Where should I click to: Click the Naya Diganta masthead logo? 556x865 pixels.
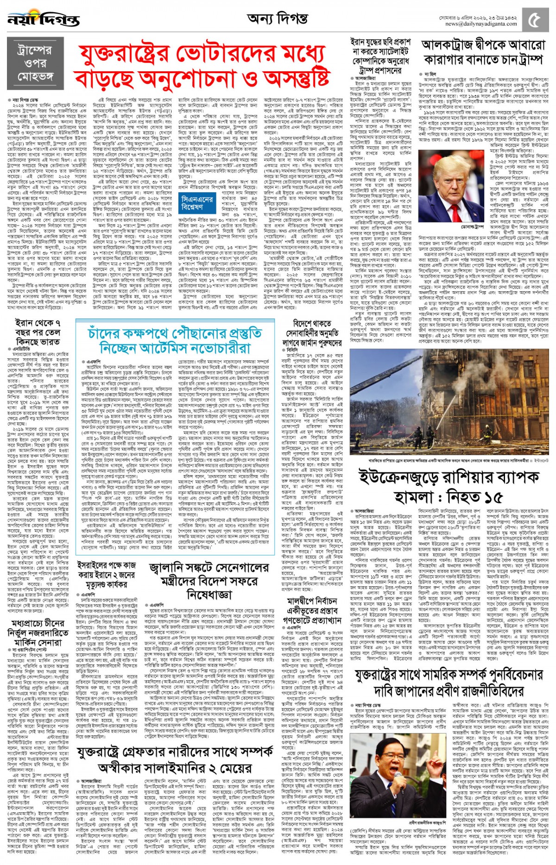click(x=44, y=19)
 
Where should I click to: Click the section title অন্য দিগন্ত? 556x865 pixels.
click(x=277, y=19)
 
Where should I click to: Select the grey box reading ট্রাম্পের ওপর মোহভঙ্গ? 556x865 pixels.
click(x=35, y=63)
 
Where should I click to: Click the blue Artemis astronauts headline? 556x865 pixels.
click(x=174, y=340)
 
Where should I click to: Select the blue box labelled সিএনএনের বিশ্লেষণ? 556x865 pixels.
click(x=197, y=203)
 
